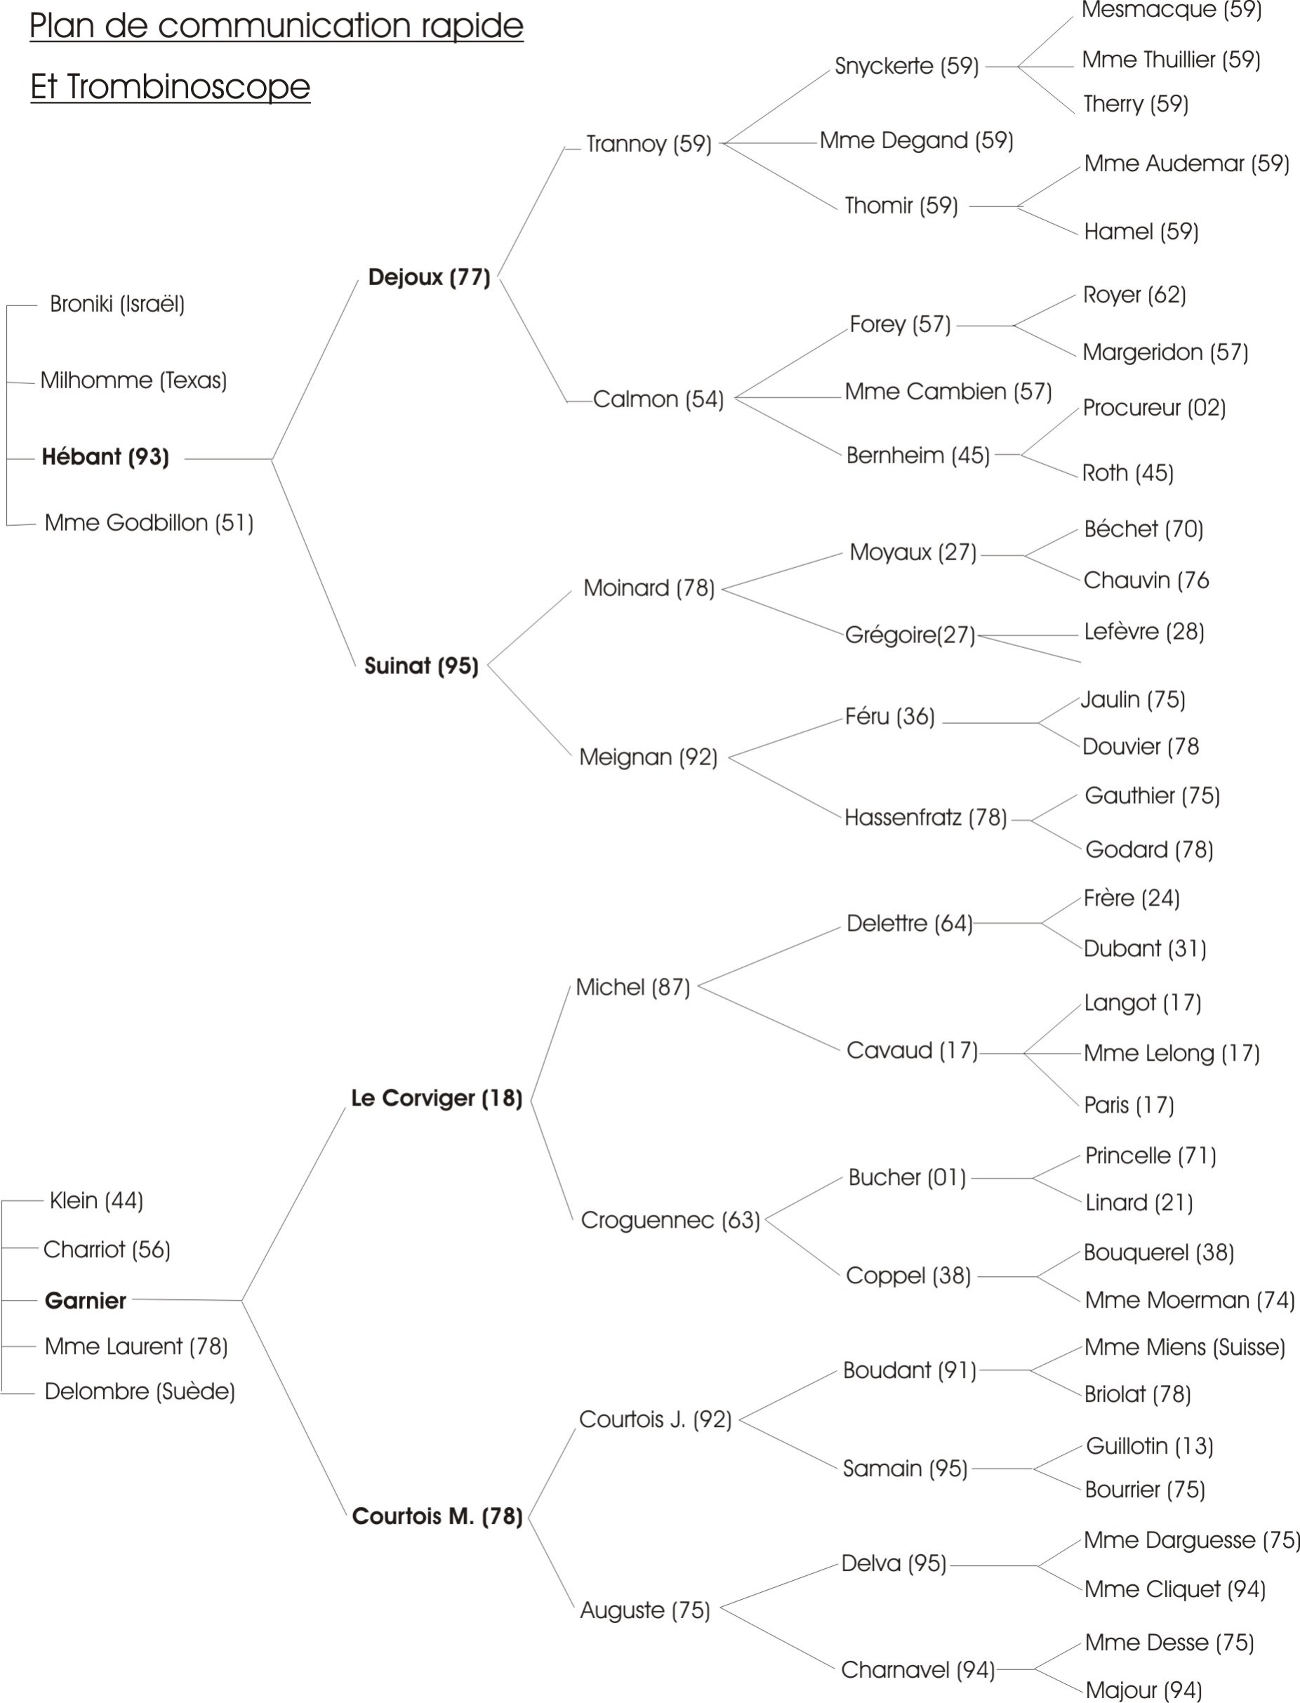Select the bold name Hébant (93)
click(105, 456)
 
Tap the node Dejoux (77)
click(429, 277)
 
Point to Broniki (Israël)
click(117, 304)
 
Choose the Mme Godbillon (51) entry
click(149, 523)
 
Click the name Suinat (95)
click(421, 665)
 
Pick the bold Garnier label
click(85, 1301)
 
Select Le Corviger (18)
click(437, 1098)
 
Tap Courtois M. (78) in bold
click(437, 1516)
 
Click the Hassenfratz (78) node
click(925, 818)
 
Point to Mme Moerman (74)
click(1188, 1300)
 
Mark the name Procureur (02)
click(1154, 408)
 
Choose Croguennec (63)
click(670, 1220)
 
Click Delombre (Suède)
click(139, 1392)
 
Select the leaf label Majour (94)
click(1143, 1690)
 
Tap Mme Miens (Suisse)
click(1184, 1347)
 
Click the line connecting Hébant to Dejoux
click(315, 369)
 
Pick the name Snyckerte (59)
click(906, 67)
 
